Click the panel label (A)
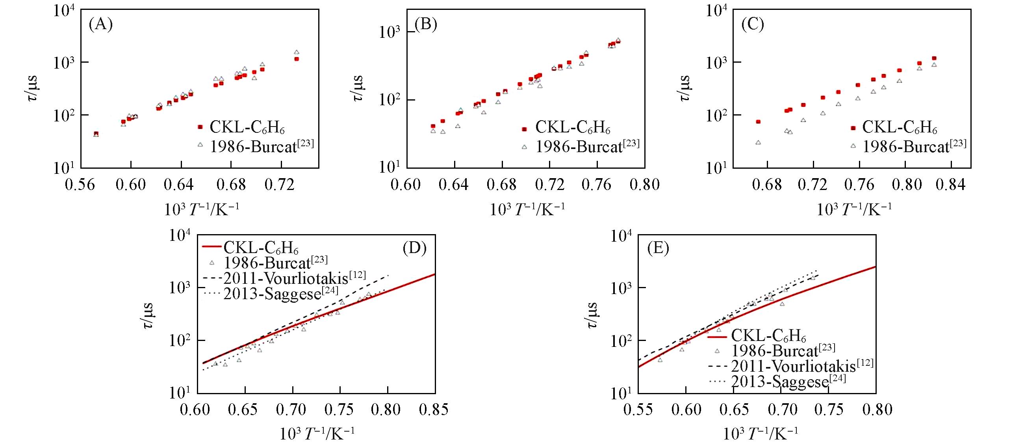coord(101,24)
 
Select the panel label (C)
coord(753,24)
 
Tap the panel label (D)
coord(415,248)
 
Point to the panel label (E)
coord(658,248)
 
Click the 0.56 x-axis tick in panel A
coord(80,184)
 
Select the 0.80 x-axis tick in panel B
coord(645,184)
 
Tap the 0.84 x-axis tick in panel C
coord(951,184)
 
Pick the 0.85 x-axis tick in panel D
coord(434,410)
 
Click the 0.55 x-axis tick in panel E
coord(638,410)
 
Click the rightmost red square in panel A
coord(297,59)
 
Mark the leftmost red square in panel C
coord(758,122)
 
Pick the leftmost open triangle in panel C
coord(758,143)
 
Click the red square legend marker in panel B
coord(524,129)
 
